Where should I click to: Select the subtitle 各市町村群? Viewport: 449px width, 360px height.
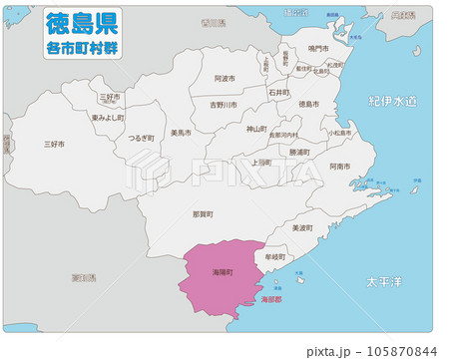pos(82,46)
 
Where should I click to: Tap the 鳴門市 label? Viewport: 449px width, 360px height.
pos(318,48)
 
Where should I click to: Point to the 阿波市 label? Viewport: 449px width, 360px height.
pos(224,78)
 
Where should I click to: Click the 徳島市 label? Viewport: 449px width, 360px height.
pos(309,104)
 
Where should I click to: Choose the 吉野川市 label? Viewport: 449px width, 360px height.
pos(224,104)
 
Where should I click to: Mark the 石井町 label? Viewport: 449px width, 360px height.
pos(279,91)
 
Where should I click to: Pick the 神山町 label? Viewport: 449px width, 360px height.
pos(256,129)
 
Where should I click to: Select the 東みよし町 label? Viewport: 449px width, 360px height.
pos(107,117)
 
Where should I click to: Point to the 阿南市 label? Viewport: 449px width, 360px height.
pos(339,167)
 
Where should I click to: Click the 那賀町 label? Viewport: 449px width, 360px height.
pos(203,213)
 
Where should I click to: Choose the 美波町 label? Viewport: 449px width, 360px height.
pos(301,228)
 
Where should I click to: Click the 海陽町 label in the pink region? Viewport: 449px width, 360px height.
pos(222,271)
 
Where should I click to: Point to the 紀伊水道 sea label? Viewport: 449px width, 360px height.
pos(390,102)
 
